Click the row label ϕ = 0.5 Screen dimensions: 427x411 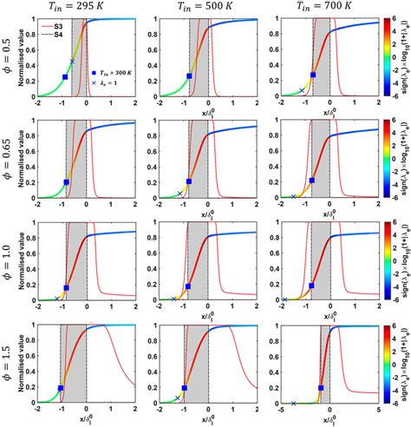tap(8, 58)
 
